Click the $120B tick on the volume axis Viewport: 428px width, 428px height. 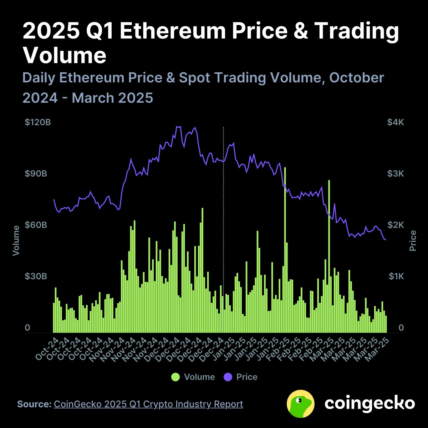38,122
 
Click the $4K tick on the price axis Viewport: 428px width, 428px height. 396,122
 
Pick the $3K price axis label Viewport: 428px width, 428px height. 396,174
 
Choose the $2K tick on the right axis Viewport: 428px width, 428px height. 396,225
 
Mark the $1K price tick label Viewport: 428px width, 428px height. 396,276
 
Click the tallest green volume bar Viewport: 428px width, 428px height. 285,250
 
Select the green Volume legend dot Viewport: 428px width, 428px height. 175,377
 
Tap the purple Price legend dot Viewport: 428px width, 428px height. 228,377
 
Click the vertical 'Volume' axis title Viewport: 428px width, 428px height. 16,240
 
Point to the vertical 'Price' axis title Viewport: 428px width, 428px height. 413,240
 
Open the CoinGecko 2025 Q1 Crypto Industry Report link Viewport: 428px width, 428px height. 148,404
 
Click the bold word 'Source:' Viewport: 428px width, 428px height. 35,404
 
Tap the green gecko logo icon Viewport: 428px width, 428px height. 301,404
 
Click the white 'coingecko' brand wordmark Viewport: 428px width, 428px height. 370,403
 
